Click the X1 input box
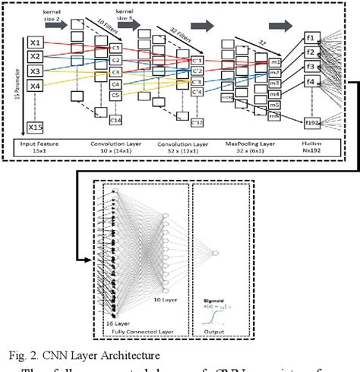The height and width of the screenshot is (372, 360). [36, 43]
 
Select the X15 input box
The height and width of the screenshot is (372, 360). [36, 126]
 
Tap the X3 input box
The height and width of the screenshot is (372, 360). [36, 71]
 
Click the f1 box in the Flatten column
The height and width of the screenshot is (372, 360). [311, 38]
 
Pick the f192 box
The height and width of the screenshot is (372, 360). [312, 121]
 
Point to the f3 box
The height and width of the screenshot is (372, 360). [311, 66]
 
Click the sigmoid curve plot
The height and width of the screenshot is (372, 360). [215, 312]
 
